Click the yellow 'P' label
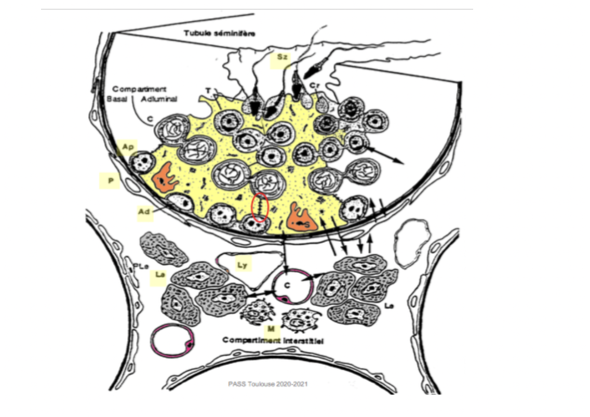click(x=111, y=181)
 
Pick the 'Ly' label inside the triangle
click(x=242, y=265)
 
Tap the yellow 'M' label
click(x=271, y=329)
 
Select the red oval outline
click(x=260, y=208)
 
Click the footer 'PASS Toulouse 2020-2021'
click(x=268, y=384)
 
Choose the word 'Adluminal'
click(x=160, y=98)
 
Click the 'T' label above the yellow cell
click(x=208, y=90)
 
